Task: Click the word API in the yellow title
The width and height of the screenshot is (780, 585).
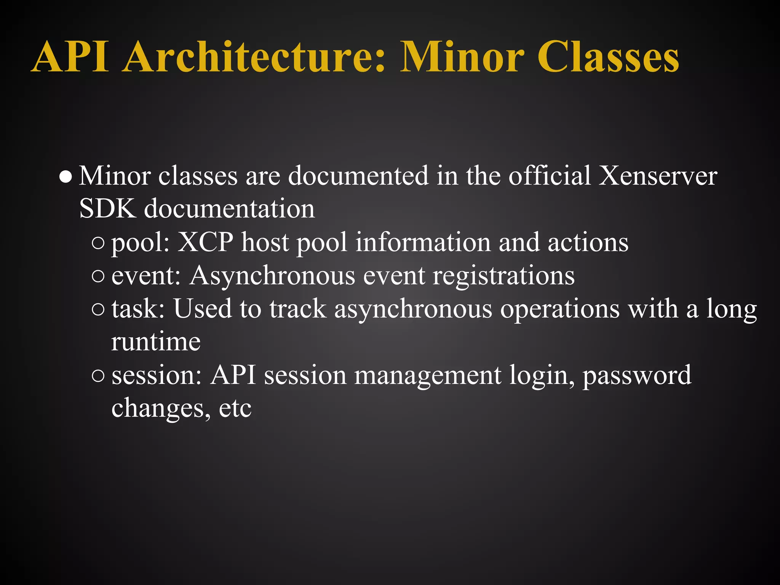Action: point(71,57)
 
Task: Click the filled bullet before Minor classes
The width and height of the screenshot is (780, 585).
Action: point(66,177)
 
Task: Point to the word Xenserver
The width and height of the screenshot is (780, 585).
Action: point(658,176)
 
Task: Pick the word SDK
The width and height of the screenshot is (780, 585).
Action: point(107,209)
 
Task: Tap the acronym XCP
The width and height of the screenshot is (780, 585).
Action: point(206,242)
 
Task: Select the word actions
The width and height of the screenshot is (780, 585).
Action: point(588,242)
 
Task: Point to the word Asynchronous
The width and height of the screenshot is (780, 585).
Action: point(272,276)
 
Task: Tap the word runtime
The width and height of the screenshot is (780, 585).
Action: point(156,342)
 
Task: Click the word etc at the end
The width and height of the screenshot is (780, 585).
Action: point(235,408)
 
